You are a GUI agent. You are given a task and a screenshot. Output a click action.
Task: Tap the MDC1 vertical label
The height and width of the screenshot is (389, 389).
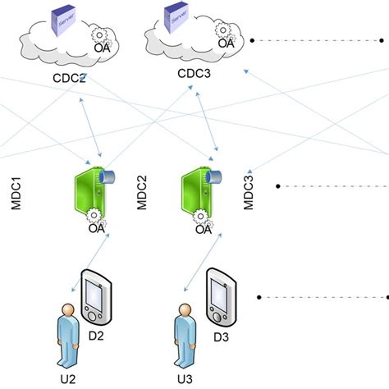pyautogui.click(x=16, y=198)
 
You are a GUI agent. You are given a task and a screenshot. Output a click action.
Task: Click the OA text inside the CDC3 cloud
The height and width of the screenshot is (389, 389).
pyautogui.click(x=225, y=43)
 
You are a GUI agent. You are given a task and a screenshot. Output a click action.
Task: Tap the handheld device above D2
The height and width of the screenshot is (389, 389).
pyautogui.click(x=96, y=296)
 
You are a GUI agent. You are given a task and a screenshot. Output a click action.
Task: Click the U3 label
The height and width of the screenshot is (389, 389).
pyautogui.click(x=185, y=378)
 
